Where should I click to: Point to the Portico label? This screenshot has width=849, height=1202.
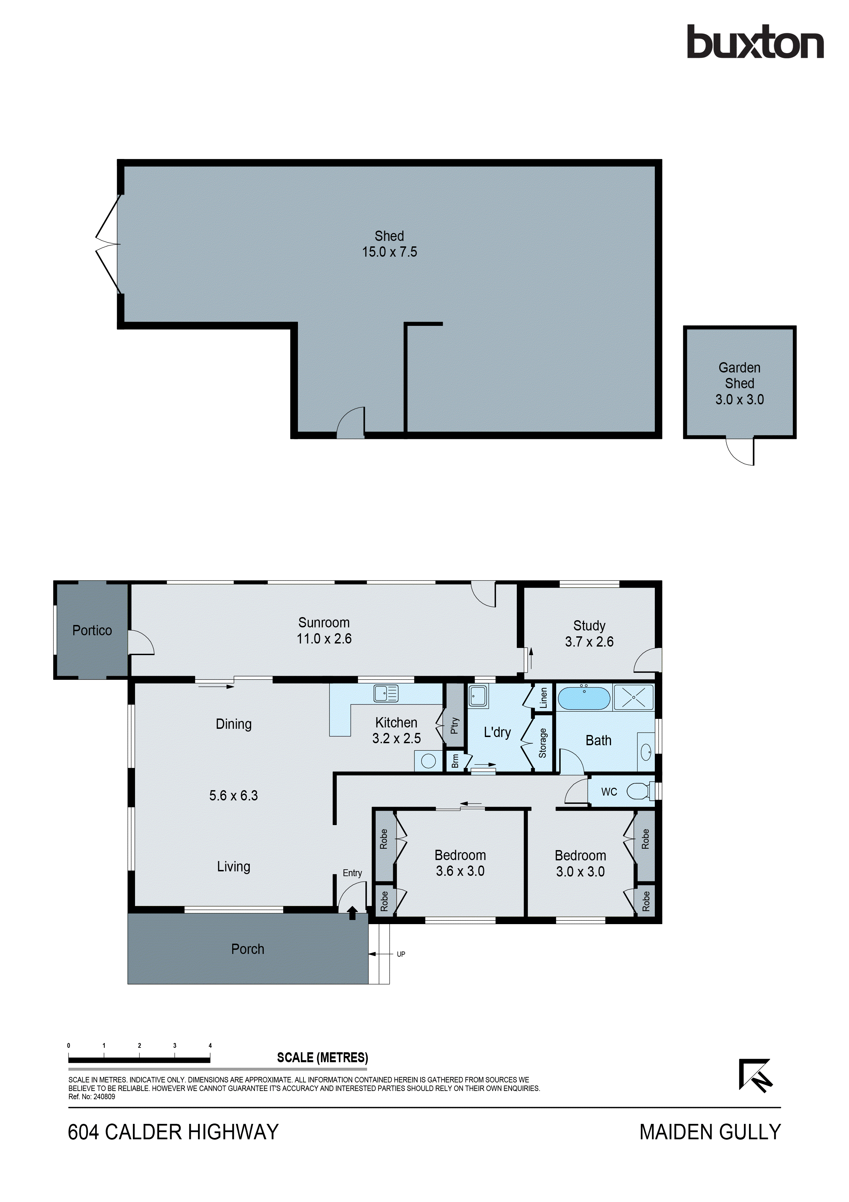[x=92, y=630]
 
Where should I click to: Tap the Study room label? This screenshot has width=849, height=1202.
[x=589, y=626]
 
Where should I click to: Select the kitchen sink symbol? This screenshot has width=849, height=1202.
[x=386, y=694]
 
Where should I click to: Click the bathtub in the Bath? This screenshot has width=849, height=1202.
[x=584, y=698]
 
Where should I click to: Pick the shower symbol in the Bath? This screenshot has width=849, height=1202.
[x=634, y=697]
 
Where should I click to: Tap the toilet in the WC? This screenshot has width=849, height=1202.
[x=638, y=791]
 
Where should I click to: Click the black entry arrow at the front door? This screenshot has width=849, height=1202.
[x=352, y=913]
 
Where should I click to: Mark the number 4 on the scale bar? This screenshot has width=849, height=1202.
[x=210, y=1045]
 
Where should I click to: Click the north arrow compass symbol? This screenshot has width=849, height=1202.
[x=756, y=1076]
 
